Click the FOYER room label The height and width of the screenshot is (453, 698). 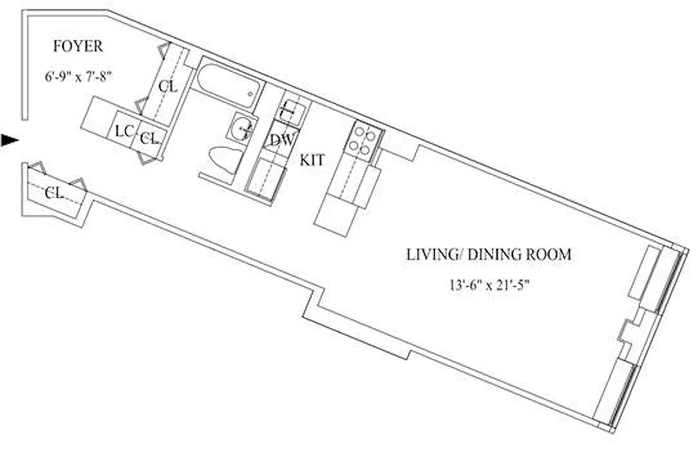[78, 46]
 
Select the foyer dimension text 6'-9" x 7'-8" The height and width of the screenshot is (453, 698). [79, 76]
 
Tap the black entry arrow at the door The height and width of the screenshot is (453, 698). [10, 140]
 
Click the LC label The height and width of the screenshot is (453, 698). [124, 131]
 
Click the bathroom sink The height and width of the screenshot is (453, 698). [242, 129]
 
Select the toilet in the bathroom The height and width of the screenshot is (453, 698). [224, 160]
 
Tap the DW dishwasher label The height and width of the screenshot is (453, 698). [280, 139]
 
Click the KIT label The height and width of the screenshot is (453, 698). [312, 160]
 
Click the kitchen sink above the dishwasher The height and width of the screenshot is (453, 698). [292, 109]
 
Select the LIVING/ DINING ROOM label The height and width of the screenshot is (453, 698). [488, 255]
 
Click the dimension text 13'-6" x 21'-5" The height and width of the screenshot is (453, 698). [487, 285]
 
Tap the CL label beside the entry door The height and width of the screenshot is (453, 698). [54, 193]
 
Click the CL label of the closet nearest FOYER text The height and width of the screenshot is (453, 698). [168, 87]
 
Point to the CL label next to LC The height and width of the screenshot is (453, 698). [148, 138]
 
